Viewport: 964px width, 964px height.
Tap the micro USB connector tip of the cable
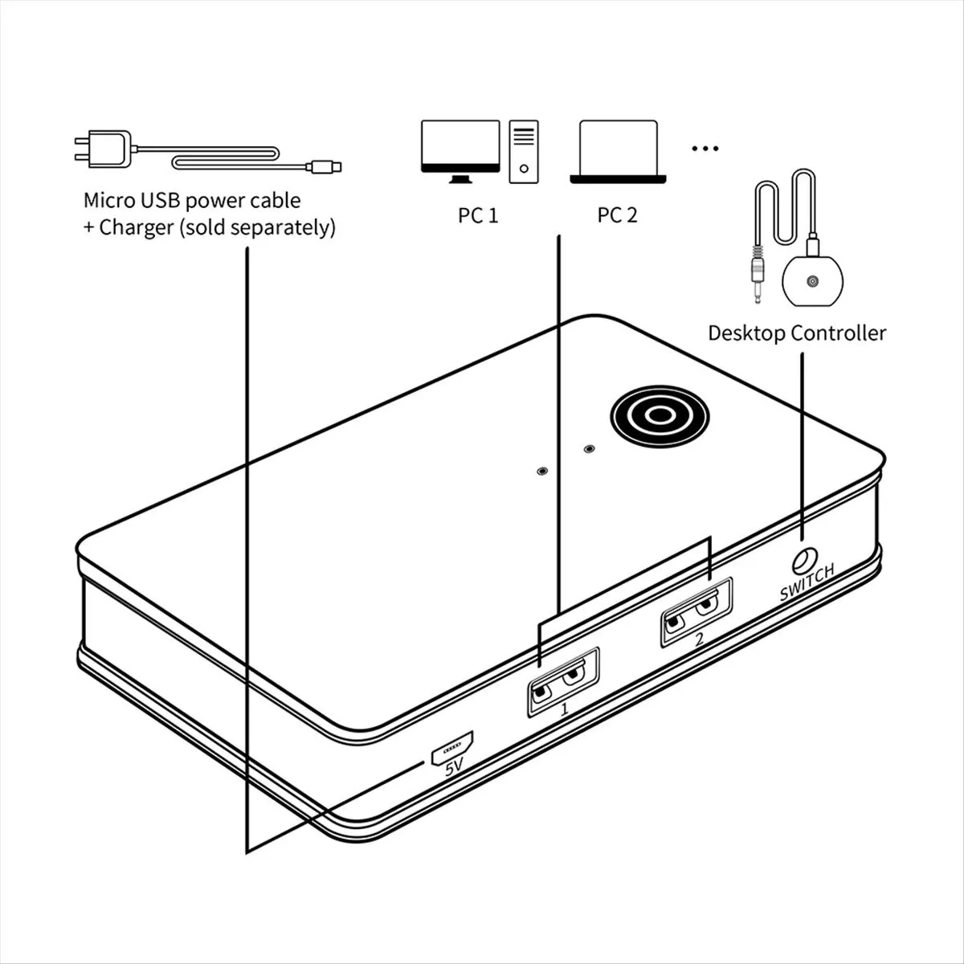pyautogui.click(x=325, y=167)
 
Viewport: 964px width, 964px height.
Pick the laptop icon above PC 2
pyautogui.click(x=619, y=153)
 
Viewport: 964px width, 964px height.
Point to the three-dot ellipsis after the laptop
pyautogui.click(x=705, y=149)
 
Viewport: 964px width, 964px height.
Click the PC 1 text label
pyautogui.click(x=478, y=215)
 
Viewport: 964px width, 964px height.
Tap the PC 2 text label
pyautogui.click(x=617, y=215)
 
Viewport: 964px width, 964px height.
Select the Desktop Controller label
pyautogui.click(x=796, y=333)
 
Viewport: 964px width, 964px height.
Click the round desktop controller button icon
pyautogui.click(x=813, y=282)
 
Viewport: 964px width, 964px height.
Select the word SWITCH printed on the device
pyautogui.click(x=807, y=582)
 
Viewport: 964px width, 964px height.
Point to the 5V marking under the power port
pyautogui.click(x=455, y=768)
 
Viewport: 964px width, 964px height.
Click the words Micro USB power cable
pyautogui.click(x=192, y=199)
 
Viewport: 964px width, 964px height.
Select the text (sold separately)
pyautogui.click(x=257, y=227)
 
